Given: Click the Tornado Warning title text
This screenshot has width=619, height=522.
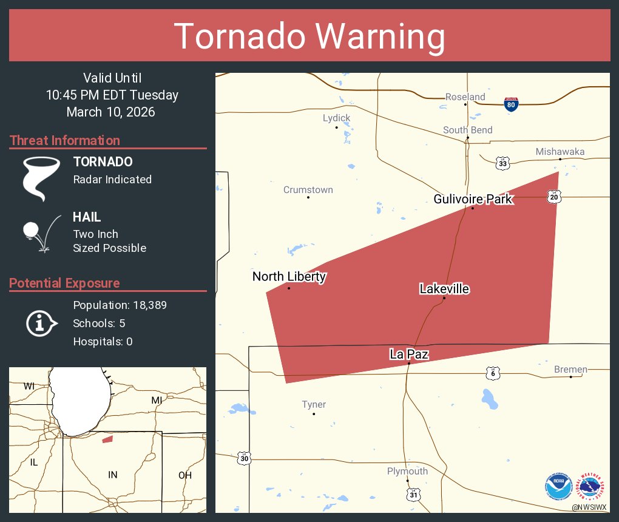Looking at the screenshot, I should [309, 36].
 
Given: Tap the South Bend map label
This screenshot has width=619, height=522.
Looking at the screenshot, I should [467, 130].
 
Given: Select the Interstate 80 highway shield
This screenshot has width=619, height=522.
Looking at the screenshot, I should [511, 104].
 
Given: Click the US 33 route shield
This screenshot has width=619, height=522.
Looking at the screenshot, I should [503, 163].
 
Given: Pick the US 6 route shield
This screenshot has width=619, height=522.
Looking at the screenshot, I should [493, 373].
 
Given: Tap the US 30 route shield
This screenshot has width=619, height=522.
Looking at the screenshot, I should [243, 458].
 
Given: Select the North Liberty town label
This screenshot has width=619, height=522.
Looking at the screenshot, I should [289, 277].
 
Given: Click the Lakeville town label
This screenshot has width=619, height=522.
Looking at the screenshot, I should [444, 289].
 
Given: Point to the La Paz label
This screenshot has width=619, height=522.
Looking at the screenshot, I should [409, 354].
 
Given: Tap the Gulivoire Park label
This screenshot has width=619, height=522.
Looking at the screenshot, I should [473, 199].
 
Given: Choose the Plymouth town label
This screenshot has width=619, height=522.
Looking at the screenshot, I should [407, 472].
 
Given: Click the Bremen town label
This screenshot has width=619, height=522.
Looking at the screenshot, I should [570, 369].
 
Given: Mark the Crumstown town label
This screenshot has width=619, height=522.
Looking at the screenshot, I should [308, 190].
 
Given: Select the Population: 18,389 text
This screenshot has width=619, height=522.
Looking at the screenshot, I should [120, 305].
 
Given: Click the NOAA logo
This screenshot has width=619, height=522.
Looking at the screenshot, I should [558, 486].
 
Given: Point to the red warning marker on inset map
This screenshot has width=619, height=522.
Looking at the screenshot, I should [107, 439].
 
